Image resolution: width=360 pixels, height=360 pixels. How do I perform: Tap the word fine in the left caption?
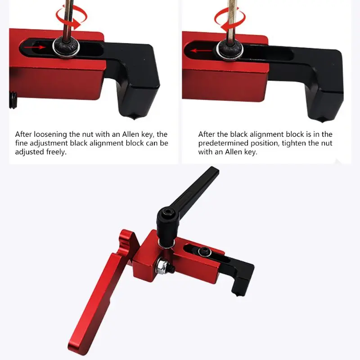coord(21,143)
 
